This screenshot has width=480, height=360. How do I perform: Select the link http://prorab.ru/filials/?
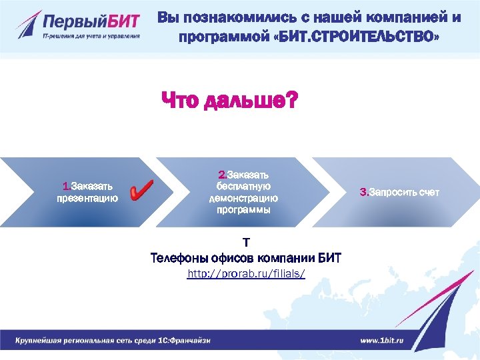246,274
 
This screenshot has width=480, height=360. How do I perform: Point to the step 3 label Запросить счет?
399,192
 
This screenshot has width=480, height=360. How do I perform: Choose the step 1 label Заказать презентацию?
87,192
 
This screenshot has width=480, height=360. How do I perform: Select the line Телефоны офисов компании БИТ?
246,258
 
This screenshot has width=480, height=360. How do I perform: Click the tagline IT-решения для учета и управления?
91,36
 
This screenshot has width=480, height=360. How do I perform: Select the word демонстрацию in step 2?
243,198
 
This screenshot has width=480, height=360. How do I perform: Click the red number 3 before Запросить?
363,192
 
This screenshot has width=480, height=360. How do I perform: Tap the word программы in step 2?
243,210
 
